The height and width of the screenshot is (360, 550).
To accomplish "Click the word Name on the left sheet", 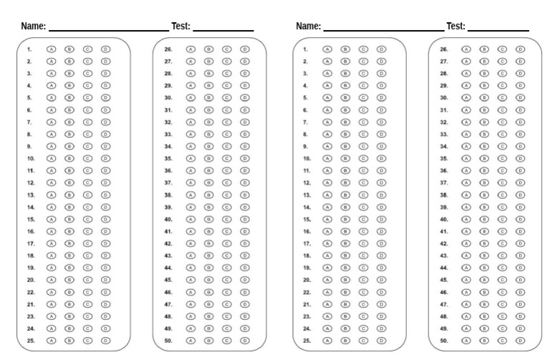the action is tap(33, 26).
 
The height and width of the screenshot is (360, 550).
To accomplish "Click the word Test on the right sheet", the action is tap(455, 26).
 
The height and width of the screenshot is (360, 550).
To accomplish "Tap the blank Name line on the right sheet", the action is tap(383, 30).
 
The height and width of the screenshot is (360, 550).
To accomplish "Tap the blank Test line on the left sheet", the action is tap(223, 30).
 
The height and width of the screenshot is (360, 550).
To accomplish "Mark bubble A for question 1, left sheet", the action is tap(52, 49).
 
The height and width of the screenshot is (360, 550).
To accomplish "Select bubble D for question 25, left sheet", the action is tap(105, 341).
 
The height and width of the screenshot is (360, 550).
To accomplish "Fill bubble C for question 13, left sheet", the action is tap(87, 195).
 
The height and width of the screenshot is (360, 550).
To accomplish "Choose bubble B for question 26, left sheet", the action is tap(208, 49).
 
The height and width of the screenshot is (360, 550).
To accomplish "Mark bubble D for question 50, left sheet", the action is tap(245, 341).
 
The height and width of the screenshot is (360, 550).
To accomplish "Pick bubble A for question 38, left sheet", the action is tap(190, 195).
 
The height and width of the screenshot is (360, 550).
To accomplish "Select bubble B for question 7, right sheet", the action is tap(344, 122).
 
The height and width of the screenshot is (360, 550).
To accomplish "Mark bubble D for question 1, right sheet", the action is tap(381, 49).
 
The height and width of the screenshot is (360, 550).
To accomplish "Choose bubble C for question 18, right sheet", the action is tap(363, 256).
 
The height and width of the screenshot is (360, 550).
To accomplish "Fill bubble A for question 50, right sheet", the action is tap(466, 341).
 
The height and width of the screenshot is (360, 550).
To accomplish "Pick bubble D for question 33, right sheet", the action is tap(520, 135).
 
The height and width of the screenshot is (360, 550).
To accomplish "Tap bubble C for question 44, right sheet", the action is tap(502, 268).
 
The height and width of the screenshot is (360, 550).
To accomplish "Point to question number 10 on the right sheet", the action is tap(307, 159).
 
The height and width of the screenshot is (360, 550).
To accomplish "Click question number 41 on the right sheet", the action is tap(444, 231).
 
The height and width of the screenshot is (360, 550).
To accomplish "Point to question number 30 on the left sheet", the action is tap(168, 98).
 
